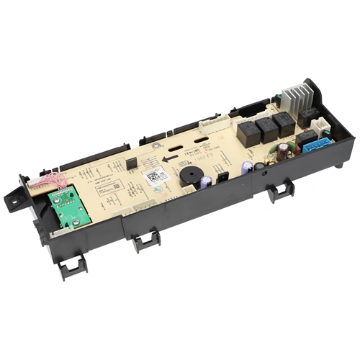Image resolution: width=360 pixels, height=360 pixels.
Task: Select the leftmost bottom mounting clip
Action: click(72, 268)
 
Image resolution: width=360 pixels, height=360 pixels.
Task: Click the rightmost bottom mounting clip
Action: click(280, 191)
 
